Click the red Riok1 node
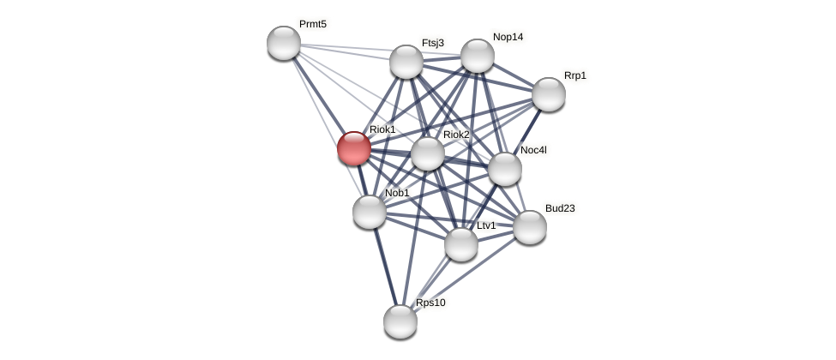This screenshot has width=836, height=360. (354, 148)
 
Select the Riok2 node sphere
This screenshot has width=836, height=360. (428, 153)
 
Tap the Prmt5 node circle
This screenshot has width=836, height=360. (284, 43)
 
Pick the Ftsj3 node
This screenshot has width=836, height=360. (406, 62)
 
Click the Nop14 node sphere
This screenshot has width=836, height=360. (478, 56)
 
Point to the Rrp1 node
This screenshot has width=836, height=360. (549, 94)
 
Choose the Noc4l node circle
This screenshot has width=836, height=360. (505, 169)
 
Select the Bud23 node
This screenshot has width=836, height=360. (530, 227)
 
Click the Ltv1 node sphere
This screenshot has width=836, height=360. (461, 244)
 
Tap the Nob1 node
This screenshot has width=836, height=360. (370, 212)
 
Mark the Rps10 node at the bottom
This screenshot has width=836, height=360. (400, 321)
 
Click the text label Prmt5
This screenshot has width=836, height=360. (313, 24)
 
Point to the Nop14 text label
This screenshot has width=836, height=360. (508, 37)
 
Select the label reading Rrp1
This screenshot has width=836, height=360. (575, 75)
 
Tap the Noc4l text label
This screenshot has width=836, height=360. (533, 150)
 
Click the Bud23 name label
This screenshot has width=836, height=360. (560, 208)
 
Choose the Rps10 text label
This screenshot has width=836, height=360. (430, 303)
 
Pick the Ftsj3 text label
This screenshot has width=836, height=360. (433, 43)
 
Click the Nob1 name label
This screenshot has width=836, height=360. (397, 193)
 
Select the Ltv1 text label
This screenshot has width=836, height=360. (486, 225)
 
